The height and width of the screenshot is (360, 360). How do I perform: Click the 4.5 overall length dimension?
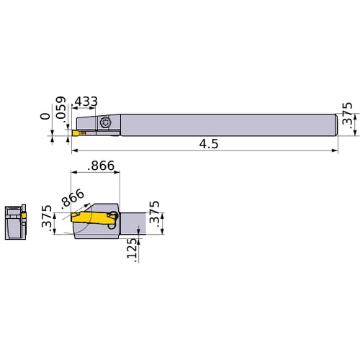click(207, 144)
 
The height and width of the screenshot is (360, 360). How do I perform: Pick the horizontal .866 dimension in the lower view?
click(101, 166)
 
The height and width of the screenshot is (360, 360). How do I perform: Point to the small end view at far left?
click(14, 223)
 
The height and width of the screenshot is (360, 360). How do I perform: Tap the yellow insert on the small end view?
click(23, 214)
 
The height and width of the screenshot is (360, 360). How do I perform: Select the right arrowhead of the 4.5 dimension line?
click(335, 151)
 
